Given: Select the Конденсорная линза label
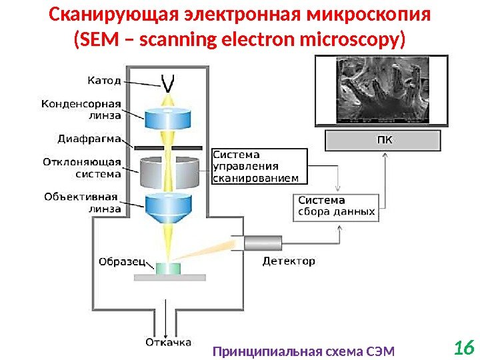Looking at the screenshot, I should (x=81, y=109).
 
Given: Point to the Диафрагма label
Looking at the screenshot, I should (x=89, y=139).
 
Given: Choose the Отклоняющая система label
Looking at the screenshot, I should (x=81, y=168).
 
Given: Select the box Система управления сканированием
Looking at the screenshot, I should (x=259, y=166).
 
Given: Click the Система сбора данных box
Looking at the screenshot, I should (x=335, y=207).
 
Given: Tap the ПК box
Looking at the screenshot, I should (x=383, y=141).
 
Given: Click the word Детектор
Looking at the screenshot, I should (x=288, y=261).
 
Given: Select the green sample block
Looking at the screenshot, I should (x=168, y=268).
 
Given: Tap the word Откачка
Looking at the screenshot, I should (x=167, y=343).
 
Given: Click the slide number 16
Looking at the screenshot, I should (x=463, y=347).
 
